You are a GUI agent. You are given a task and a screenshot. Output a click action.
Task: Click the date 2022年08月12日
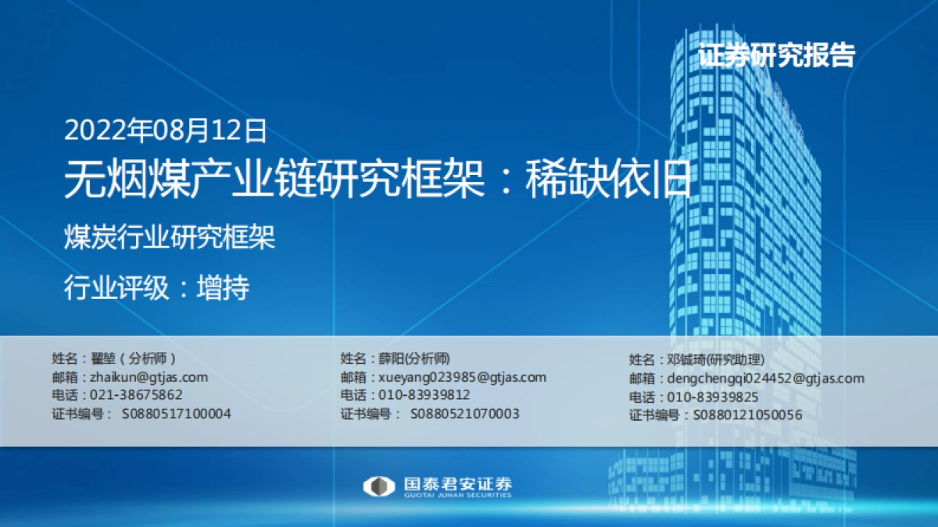coord(165,130)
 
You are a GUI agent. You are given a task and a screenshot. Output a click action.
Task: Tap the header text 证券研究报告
coord(776,55)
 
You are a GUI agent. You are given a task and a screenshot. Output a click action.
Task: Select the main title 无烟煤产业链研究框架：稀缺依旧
coord(378,180)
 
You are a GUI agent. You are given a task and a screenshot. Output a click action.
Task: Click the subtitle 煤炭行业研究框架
coord(169,237)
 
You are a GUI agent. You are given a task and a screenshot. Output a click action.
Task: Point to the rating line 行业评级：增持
coord(156,289)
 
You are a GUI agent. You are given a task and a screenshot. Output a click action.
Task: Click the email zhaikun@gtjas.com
coord(149,377)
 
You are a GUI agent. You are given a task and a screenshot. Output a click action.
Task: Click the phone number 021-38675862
coord(137,395)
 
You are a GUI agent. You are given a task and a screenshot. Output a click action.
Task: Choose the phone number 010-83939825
coord(714,397)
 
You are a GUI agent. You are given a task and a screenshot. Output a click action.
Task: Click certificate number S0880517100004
coord(176,413)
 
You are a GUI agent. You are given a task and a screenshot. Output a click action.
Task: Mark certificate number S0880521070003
coord(464,413)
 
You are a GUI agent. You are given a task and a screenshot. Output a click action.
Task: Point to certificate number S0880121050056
coord(747,415)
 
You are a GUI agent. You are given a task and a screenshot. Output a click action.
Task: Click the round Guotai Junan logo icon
coord(378,486)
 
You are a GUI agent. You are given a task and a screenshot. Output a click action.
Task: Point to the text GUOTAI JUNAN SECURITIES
coord(458,495)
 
